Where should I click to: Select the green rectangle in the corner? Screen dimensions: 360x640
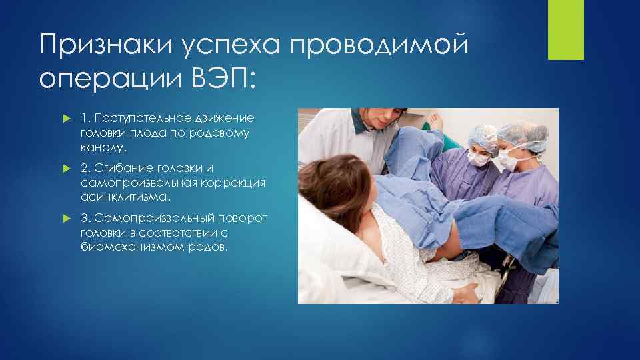565,30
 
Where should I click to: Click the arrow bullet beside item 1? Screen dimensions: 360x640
65,119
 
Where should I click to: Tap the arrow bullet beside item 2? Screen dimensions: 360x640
65,168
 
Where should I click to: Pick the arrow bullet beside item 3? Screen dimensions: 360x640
65,218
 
